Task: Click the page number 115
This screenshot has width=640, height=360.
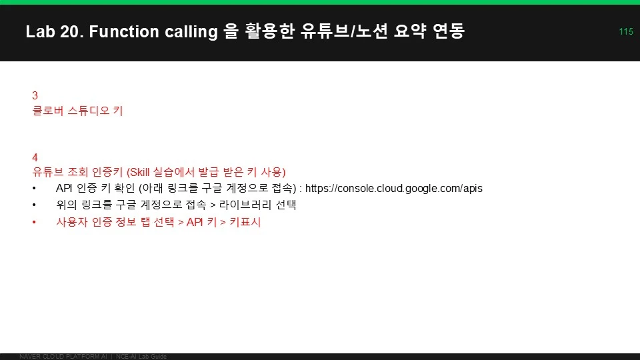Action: [x=626, y=31]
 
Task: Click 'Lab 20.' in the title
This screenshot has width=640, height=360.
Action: [x=54, y=31]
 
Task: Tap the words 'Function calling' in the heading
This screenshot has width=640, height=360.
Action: [x=153, y=32]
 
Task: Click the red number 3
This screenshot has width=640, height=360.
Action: [x=35, y=95]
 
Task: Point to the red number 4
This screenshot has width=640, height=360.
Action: [x=35, y=157]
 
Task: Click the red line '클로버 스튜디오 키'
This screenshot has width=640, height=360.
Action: [x=77, y=111]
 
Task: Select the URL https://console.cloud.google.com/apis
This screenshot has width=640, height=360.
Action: [x=394, y=188]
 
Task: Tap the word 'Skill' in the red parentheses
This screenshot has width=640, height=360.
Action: [x=139, y=172]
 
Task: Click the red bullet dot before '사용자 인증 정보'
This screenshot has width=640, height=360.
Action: [x=34, y=223]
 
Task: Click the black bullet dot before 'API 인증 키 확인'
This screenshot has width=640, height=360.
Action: [x=34, y=189]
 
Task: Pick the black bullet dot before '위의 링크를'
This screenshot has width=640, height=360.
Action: [x=34, y=205]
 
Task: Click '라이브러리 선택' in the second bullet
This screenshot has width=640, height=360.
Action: [x=257, y=205]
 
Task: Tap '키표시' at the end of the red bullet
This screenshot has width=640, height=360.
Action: [x=245, y=222]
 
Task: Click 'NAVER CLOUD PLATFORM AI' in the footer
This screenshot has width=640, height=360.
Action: [x=63, y=357]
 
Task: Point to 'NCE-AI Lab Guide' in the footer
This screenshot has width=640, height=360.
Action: [x=141, y=357]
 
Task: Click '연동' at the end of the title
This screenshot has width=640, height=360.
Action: [x=449, y=31]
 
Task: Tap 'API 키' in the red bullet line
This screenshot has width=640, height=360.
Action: [x=201, y=222]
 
